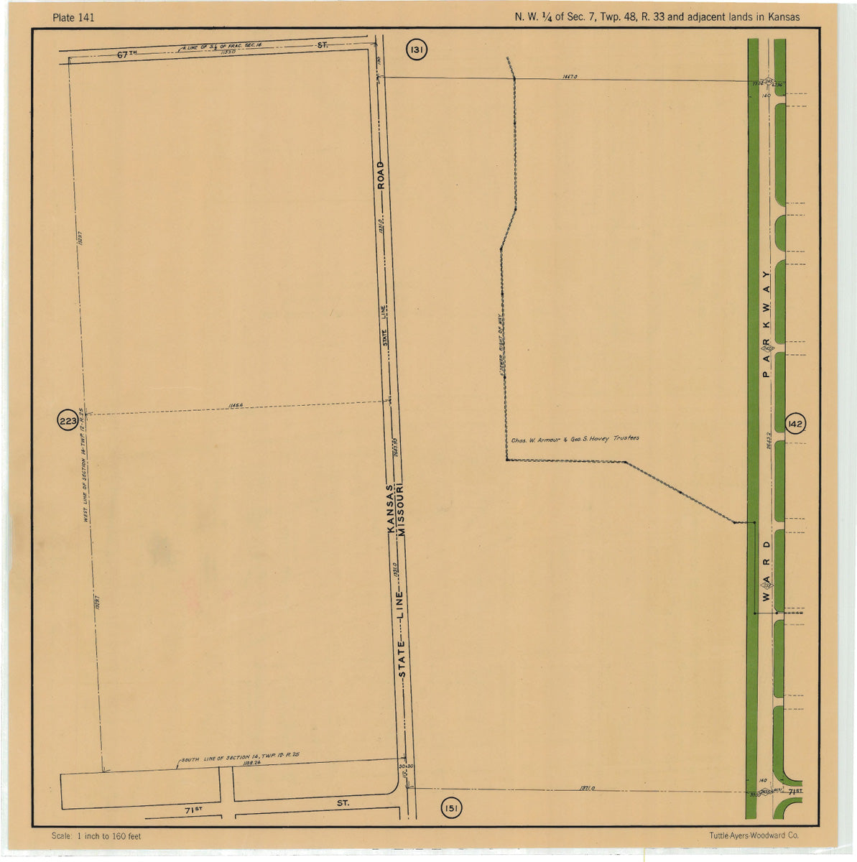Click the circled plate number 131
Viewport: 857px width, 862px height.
pos(417,50)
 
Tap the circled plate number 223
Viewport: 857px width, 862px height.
pos(68,422)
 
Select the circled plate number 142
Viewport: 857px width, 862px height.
pos(795,425)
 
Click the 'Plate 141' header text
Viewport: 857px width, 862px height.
pos(73,17)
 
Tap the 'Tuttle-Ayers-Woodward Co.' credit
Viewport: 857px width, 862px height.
pos(753,836)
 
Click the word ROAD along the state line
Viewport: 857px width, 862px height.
pos(381,175)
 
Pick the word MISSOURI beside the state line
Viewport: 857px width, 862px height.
pos(403,509)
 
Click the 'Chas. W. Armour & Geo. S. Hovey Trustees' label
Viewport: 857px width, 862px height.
pos(575,439)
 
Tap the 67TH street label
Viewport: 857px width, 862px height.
pos(128,55)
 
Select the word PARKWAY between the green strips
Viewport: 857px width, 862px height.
pos(766,323)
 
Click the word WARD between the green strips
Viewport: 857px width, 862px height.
pos(766,567)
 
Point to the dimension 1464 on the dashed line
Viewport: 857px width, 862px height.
pos(235,406)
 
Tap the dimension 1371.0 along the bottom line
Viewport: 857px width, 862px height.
pos(586,789)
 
